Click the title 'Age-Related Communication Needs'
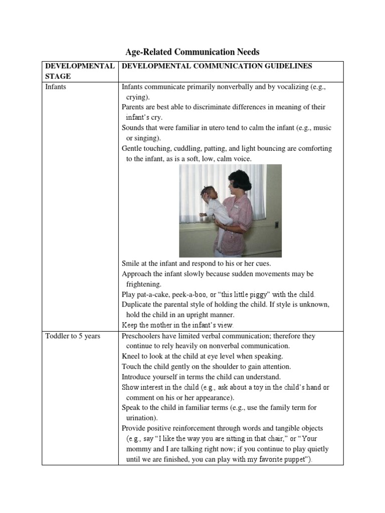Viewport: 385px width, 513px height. click(x=192, y=52)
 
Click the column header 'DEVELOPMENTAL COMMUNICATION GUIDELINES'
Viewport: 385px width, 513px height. click(x=217, y=66)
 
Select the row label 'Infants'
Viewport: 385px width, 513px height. click(x=56, y=87)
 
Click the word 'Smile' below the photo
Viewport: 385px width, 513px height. click(x=131, y=263)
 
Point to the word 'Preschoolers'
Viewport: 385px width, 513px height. click(x=143, y=336)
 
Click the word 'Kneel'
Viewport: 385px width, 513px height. click(x=132, y=356)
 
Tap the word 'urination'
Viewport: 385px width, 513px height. click(x=142, y=418)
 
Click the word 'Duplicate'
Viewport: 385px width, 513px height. click(x=138, y=304)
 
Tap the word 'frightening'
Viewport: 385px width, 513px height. click(x=144, y=284)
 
